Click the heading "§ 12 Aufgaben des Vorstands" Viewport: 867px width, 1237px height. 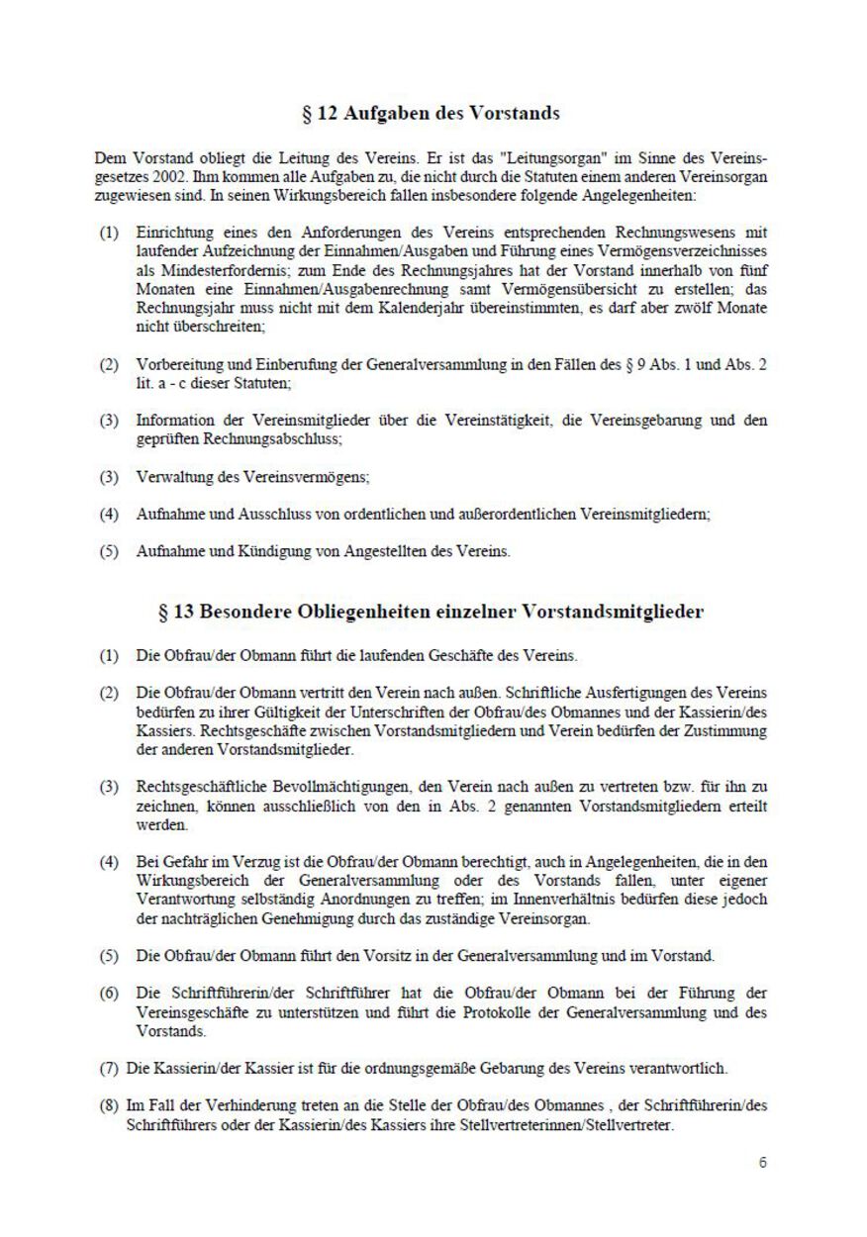point(431,113)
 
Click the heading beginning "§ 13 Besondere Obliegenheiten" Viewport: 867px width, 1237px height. point(431,612)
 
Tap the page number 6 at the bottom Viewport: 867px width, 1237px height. point(762,1163)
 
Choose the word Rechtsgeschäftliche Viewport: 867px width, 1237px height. point(202,787)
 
